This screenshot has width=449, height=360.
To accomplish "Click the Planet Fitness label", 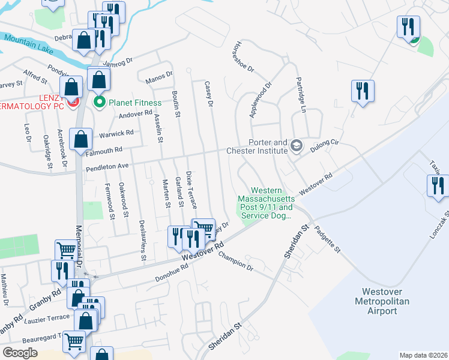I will [134, 103].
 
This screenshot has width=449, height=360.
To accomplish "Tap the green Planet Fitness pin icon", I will [100, 103].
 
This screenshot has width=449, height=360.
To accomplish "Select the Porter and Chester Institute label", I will [268, 146].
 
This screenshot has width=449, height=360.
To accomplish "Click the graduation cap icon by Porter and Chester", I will [296, 145].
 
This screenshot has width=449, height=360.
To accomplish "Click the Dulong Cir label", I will [327, 144].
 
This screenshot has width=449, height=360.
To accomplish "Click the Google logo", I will [20, 352].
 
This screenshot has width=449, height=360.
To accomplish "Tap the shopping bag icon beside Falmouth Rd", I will [80, 140].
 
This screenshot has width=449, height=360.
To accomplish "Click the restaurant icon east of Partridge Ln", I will [362, 91].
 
